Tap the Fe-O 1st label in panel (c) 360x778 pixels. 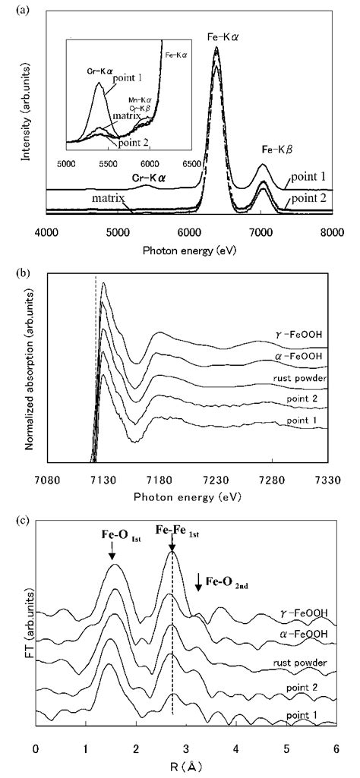coord(112,543)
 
